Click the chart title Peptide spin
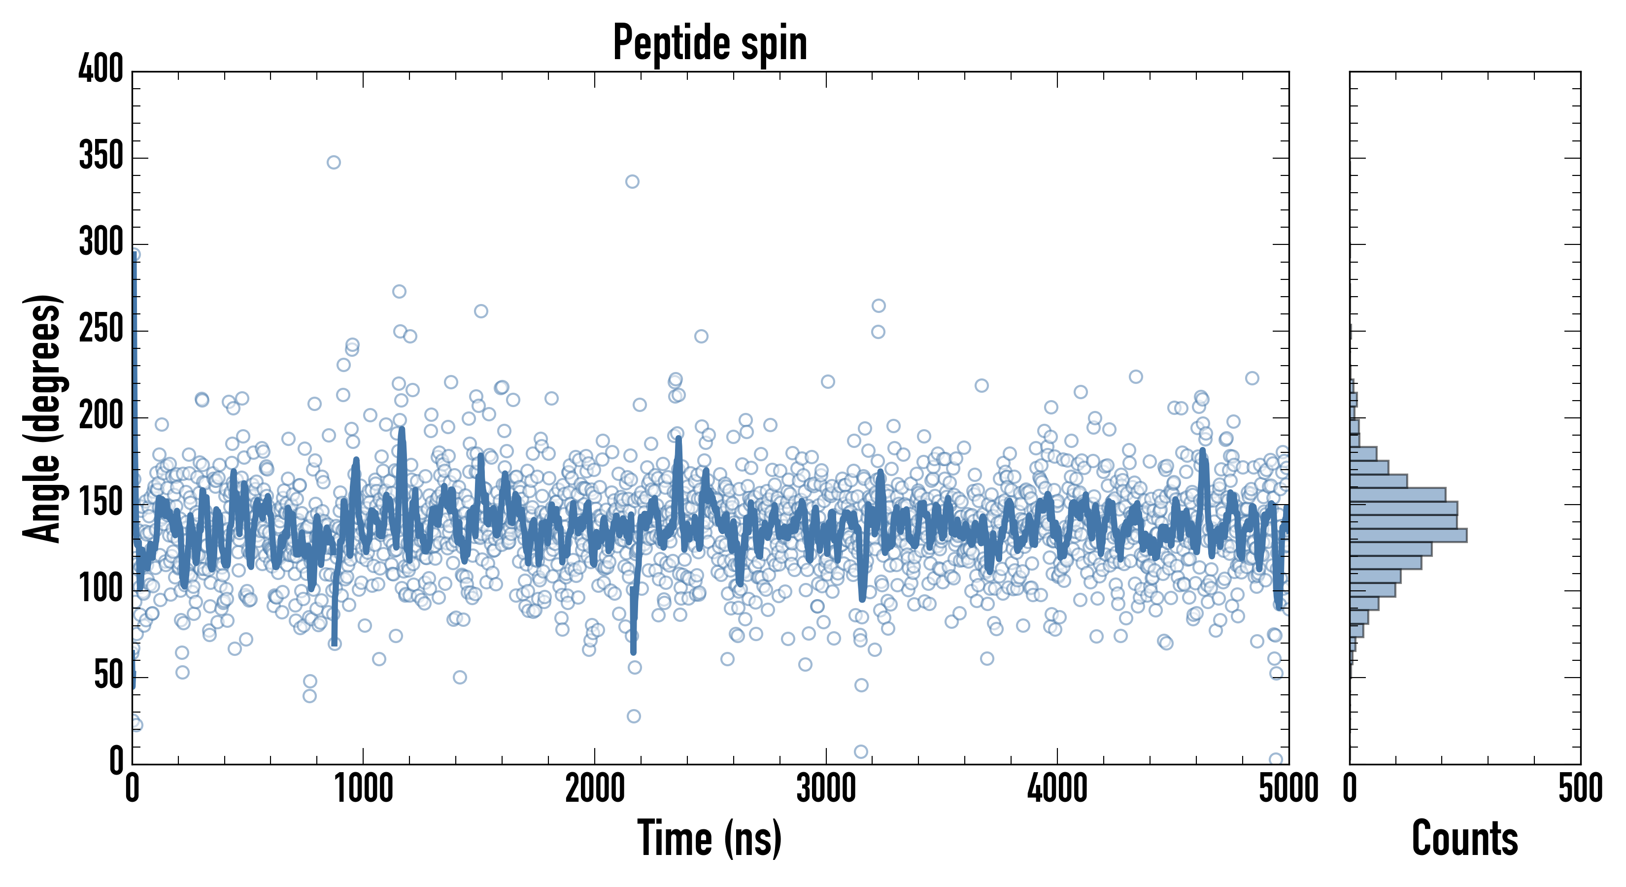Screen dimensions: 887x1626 point(710,43)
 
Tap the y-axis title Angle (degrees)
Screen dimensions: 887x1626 point(43,418)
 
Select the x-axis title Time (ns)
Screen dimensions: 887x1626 point(710,838)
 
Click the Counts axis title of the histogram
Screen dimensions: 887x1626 point(1464,838)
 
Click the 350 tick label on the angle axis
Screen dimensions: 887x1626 point(101,155)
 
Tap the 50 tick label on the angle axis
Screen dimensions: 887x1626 point(108,676)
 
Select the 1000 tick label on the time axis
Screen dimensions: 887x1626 point(364,789)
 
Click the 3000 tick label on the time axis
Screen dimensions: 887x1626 point(826,789)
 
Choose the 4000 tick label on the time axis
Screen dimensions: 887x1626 point(1057,789)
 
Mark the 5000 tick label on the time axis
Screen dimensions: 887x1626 point(1288,789)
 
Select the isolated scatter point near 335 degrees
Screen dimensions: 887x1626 point(632,182)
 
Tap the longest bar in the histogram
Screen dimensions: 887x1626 point(1408,535)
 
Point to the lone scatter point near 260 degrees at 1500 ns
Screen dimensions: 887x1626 point(481,311)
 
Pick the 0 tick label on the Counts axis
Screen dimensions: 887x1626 point(1350,789)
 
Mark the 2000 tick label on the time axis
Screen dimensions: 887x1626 point(595,789)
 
